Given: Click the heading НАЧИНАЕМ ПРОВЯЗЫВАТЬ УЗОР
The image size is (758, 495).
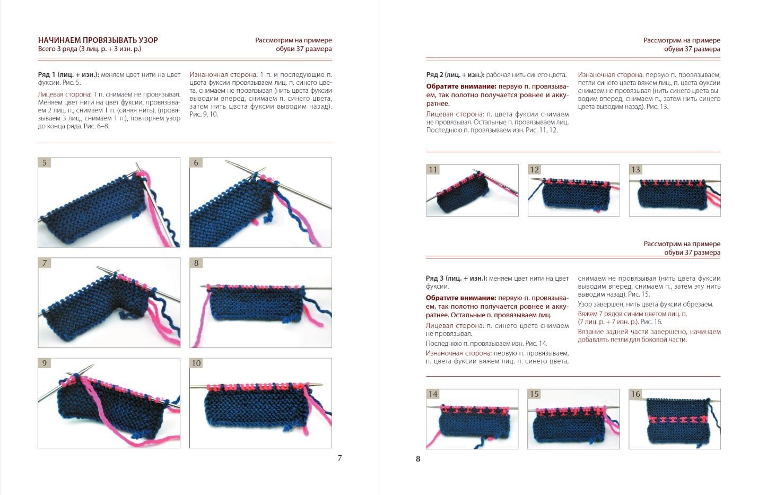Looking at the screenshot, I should (98, 40).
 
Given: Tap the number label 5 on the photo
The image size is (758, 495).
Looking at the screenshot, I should (45, 163).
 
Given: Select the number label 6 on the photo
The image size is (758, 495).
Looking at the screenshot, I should (196, 163).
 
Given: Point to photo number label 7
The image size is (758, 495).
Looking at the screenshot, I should (45, 263).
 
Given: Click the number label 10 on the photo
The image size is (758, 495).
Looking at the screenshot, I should (196, 363).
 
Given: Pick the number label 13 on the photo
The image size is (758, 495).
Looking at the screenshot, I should (635, 170).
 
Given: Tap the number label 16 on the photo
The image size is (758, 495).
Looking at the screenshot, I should (635, 394).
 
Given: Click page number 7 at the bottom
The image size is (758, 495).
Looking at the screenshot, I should (340, 458).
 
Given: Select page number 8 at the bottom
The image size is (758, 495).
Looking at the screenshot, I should (418, 459).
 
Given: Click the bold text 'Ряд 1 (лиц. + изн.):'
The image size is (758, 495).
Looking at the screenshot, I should (68, 75).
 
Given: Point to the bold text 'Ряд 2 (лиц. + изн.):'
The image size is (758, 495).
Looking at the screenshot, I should (456, 75).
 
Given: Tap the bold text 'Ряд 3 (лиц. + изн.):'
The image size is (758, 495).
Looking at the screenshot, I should (456, 279).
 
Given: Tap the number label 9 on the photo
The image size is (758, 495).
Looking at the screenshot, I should (45, 363).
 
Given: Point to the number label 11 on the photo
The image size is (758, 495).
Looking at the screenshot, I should (433, 170).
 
